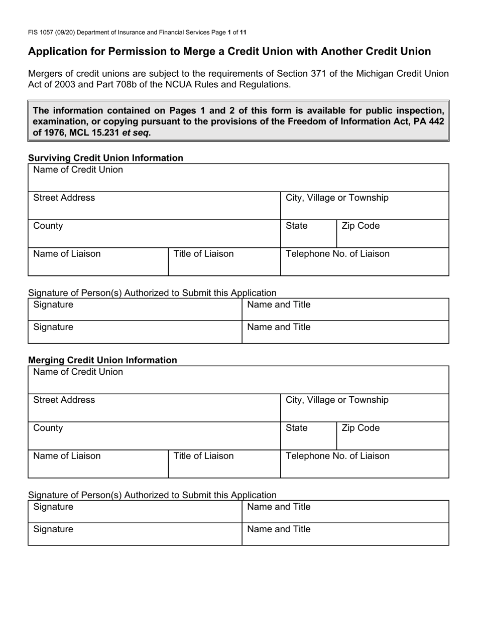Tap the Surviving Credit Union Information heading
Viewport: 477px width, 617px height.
(105, 158)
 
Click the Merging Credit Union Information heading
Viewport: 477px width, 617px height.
(102, 360)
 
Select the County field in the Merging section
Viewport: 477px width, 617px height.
(154, 436)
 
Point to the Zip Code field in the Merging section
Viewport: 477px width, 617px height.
(392, 436)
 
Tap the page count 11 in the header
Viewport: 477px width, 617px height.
(243, 33)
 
